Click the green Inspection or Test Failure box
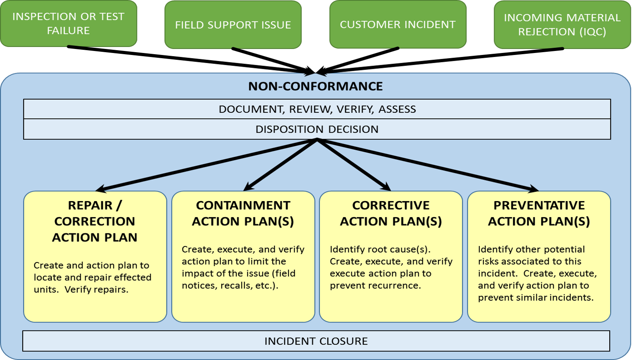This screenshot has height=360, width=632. coord(69,23)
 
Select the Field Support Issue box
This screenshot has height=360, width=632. coord(233,25)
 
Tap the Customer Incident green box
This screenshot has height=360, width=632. coord(398,24)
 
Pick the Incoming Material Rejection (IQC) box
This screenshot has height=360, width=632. coord(562,25)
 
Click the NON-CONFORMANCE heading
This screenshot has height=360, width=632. coord(315,86)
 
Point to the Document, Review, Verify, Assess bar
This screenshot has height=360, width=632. coord(317,109)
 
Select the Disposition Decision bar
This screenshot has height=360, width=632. coord(317,129)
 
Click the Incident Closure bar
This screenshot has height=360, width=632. coord(316,341)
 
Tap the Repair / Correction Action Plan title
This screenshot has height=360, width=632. coord(95,221)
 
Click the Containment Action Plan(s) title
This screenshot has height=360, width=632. coord(243,213)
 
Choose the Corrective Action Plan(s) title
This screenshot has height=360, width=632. coord(391,213)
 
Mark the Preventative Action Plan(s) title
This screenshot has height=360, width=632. coord(539,213)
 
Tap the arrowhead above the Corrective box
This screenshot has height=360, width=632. coord(386,187)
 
